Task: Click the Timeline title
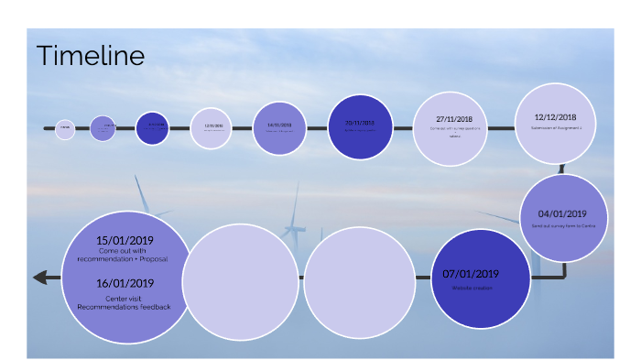[90, 56]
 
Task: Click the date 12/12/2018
[556, 117]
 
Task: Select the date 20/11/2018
[360, 122]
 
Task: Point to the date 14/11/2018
[278, 125]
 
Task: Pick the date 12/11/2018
[213, 125]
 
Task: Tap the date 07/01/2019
[471, 273]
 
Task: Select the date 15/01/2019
[125, 240]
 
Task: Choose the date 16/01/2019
[125, 283]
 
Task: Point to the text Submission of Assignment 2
[556, 129]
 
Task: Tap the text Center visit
[125, 298]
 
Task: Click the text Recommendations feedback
[125, 306]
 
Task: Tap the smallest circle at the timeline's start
[65, 129]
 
